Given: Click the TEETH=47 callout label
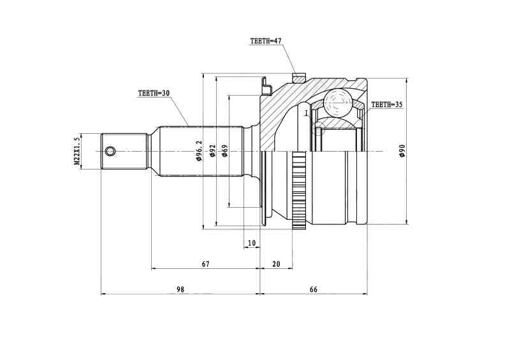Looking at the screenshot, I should (266, 41).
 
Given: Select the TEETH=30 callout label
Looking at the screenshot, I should (154, 93).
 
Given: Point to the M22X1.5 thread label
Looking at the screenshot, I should (77, 151).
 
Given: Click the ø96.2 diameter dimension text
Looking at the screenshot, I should (199, 151).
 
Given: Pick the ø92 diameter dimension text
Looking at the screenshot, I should (213, 151).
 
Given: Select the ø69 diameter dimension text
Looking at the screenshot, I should (225, 151).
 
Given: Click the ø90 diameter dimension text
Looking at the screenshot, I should (402, 151).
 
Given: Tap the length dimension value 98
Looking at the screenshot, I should (180, 289).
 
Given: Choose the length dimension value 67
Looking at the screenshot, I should (205, 263).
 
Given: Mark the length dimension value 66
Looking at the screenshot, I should (313, 289).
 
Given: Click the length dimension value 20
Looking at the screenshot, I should (276, 263).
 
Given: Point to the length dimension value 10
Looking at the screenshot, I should (252, 243).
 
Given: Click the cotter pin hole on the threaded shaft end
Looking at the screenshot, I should (111, 151).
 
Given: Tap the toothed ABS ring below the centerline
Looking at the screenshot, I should (298, 191).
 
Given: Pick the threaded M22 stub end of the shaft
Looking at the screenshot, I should (124, 151).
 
